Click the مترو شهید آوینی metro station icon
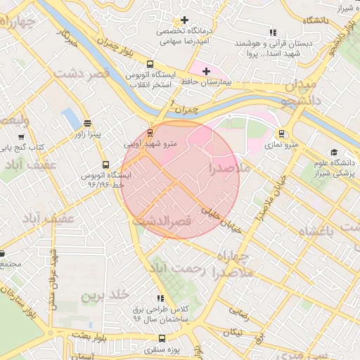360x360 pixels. tap(150, 132)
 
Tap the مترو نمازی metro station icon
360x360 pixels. tap(282, 133)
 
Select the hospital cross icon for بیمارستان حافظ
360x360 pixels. tap(206, 71)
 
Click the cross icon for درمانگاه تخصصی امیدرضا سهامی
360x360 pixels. tap(185, 20)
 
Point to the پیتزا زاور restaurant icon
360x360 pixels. tap(86, 122)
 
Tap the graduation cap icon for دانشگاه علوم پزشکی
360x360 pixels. tap(333, 153)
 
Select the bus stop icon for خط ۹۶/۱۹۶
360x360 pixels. tap(105, 165)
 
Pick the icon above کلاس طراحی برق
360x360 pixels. tap(160, 298)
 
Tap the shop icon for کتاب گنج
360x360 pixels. tap(20, 136)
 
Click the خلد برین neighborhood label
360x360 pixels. tap(105, 296)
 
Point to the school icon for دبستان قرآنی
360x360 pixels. tap(273, 32)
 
